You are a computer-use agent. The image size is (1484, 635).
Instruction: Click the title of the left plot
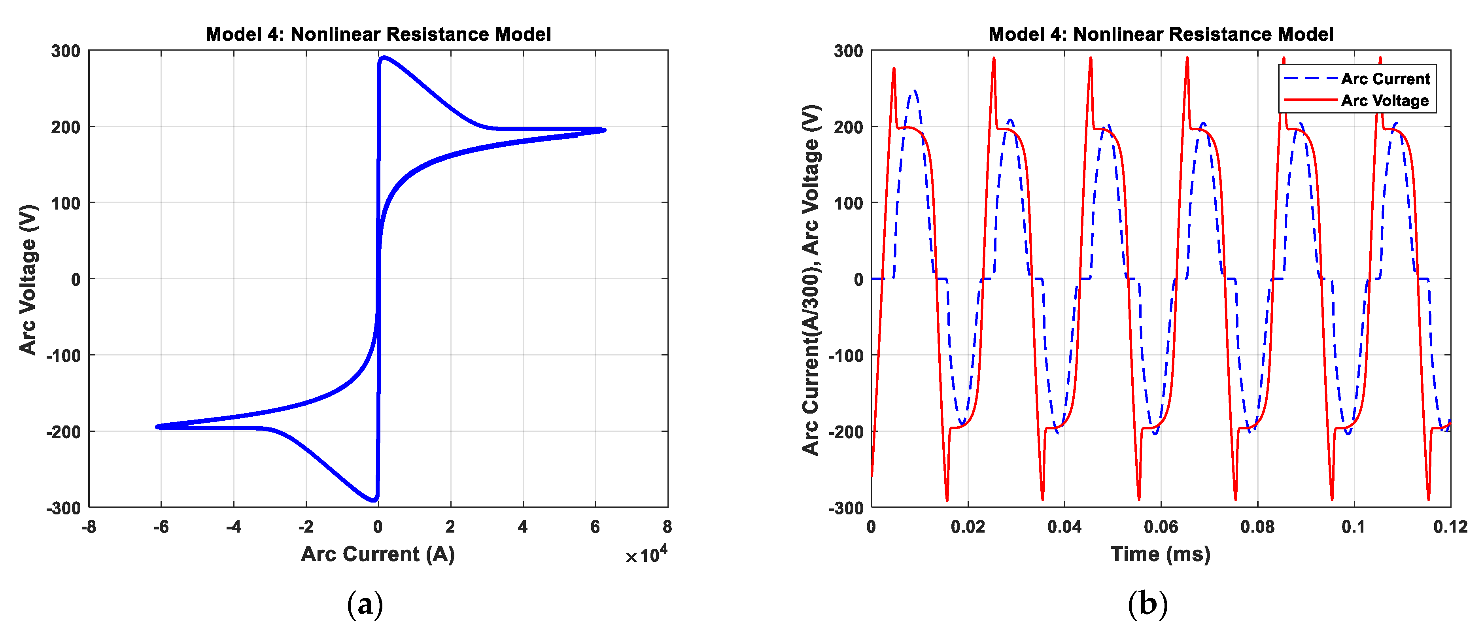(378, 34)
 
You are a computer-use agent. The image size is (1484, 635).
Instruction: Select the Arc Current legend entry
(1384, 78)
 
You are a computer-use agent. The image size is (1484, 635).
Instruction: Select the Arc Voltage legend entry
(1384, 100)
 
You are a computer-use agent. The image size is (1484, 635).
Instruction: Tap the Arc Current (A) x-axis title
(378, 554)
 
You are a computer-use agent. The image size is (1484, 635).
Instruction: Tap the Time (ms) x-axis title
(1160, 554)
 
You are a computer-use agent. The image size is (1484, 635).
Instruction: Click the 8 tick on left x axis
(667, 526)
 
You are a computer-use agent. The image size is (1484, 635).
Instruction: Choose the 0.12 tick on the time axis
(1450, 526)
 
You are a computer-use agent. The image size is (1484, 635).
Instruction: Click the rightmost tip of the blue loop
(604, 130)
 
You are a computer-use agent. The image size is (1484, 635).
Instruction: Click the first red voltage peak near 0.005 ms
(894, 68)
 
